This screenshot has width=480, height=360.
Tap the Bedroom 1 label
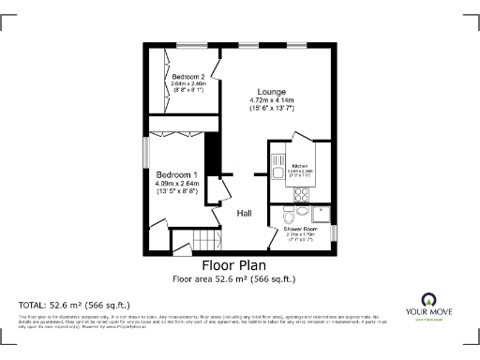coord(176,175)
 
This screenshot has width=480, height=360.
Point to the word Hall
coord(244,214)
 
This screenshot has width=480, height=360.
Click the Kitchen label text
coord(299,166)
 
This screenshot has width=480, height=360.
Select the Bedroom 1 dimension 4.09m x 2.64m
coord(176,184)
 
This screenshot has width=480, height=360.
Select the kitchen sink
coord(277,169)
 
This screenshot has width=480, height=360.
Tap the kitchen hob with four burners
coord(301,195)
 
